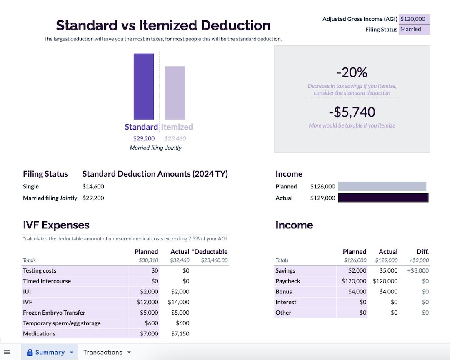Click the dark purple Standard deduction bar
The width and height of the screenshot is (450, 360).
click(144, 86)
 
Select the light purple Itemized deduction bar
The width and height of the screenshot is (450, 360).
click(175, 93)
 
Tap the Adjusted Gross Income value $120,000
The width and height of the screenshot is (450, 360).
click(413, 19)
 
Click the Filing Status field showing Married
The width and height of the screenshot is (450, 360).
click(413, 30)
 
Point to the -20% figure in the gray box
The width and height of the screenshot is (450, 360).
click(352, 72)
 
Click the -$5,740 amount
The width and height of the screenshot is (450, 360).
click(352, 112)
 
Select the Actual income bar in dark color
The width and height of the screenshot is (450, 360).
click(383, 198)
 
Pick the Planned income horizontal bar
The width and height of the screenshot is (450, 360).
click(382, 186)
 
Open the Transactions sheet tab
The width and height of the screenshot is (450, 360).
click(103, 352)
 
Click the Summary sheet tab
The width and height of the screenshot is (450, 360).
click(50, 352)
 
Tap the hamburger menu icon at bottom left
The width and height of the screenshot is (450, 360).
click(7, 352)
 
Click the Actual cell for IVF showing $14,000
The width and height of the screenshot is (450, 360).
click(178, 302)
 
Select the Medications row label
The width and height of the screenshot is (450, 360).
click(39, 334)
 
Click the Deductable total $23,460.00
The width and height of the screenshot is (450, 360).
click(214, 260)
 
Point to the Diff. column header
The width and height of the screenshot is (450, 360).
click(422, 252)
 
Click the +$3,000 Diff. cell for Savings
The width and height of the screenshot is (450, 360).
click(418, 270)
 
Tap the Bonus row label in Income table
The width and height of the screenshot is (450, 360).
click(283, 292)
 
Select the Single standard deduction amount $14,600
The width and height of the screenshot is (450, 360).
click(93, 187)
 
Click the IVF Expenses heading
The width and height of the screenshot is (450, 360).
click(56, 225)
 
